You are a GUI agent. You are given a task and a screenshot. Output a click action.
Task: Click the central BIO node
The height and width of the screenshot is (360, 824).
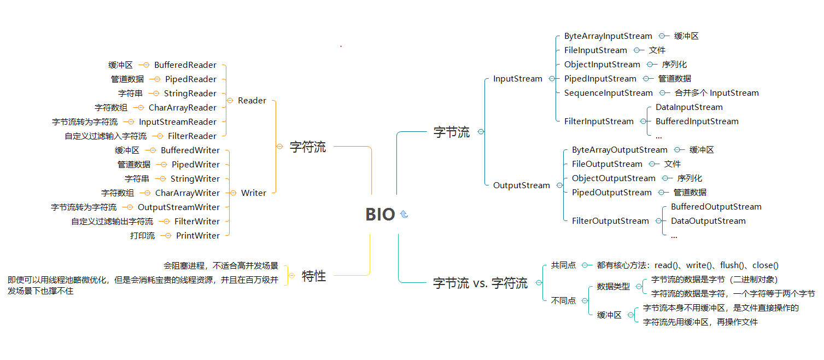[380, 214]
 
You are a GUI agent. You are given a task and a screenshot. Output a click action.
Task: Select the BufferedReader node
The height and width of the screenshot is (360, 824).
[185, 65]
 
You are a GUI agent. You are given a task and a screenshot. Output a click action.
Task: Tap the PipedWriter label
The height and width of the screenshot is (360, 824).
[196, 165]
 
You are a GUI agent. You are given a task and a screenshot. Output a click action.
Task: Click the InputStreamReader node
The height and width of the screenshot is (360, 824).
[178, 122]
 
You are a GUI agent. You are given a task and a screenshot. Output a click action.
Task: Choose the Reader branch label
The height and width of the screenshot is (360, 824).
[252, 101]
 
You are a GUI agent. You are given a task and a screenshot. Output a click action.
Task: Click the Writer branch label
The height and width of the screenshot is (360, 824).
[254, 193]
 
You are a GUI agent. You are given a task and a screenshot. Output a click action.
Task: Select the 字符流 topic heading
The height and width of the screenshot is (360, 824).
[307, 147]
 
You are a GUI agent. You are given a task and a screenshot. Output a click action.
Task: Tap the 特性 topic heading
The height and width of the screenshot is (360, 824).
[314, 276]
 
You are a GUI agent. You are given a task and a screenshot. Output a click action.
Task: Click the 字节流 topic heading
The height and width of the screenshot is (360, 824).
[452, 132]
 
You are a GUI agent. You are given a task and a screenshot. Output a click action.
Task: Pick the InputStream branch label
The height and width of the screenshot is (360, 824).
[518, 79]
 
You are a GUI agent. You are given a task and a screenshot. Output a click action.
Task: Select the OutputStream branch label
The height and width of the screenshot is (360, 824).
[522, 185]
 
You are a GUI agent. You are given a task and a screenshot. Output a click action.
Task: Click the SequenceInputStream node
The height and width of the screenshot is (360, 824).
[609, 93]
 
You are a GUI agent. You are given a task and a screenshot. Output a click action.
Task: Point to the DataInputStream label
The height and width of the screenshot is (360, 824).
[689, 107]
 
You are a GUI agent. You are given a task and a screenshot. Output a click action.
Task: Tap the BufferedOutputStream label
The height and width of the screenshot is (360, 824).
[716, 207]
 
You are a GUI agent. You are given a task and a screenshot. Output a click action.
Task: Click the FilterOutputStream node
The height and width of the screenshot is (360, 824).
[610, 221]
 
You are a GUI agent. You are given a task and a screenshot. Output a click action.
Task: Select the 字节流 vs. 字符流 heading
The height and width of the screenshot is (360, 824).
[481, 283]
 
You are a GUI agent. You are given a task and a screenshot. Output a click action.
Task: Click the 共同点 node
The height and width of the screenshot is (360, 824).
[563, 265]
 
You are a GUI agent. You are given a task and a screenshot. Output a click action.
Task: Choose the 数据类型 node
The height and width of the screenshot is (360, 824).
[613, 286]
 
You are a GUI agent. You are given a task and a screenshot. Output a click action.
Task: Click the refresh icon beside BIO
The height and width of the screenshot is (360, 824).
[404, 214]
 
